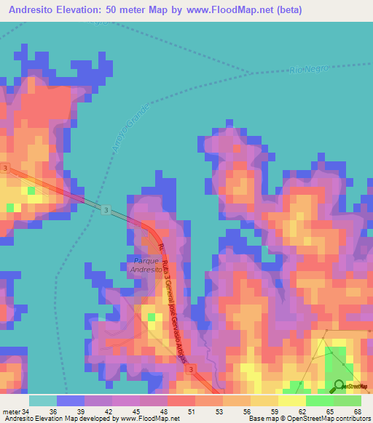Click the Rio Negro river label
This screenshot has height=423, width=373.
click(x=309, y=69)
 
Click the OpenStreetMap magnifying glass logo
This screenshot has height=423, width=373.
click(x=340, y=387)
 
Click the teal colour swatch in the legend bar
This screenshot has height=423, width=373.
click(x=42, y=400)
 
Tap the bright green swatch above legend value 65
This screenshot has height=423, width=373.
click(x=320, y=400)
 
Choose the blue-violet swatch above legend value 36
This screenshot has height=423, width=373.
click(x=70, y=400)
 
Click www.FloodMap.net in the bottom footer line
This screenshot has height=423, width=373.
click(x=150, y=419)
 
